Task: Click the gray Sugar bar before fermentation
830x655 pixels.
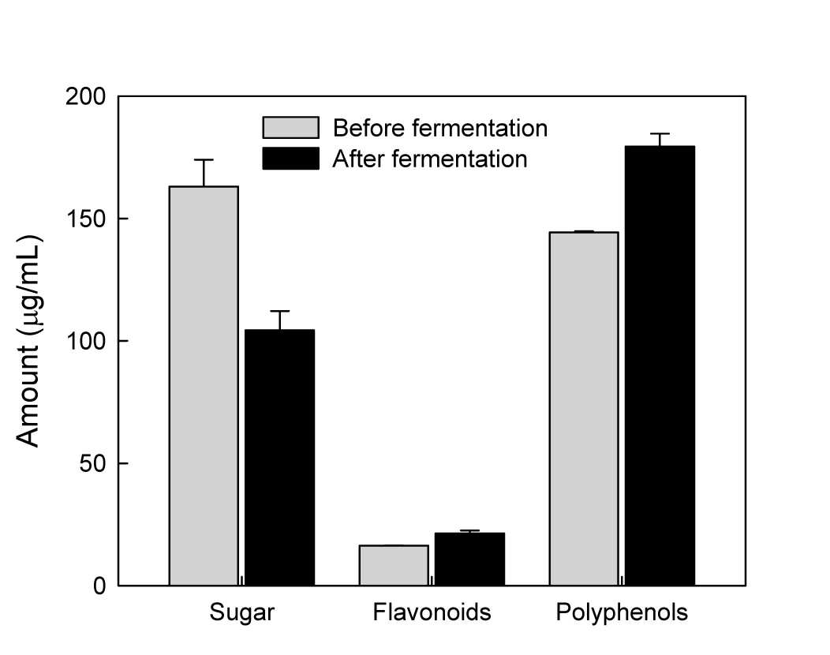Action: tap(204, 385)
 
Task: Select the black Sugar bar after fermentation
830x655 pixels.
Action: tap(279, 458)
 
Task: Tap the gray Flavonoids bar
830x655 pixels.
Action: tap(394, 565)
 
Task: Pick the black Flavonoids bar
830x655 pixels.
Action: tap(469, 560)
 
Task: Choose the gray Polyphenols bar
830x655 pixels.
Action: tap(584, 408)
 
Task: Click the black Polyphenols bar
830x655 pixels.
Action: tap(660, 365)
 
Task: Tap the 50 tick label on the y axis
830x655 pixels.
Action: tap(92, 464)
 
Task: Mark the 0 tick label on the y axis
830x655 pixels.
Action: tap(99, 586)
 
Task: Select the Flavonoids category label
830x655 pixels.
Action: tap(432, 612)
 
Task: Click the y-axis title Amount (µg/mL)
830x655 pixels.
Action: tap(28, 341)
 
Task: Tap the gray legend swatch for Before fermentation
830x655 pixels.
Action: tap(290, 128)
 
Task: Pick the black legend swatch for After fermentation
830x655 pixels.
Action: tap(290, 159)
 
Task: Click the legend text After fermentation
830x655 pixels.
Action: tap(430, 159)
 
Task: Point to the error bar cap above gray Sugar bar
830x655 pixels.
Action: tap(204, 159)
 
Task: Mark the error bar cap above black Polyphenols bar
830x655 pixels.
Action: tap(660, 133)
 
